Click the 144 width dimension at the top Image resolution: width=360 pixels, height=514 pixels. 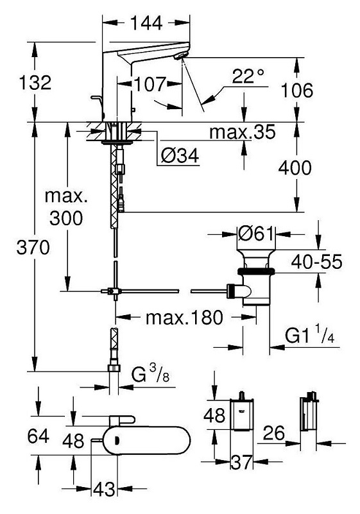coord(146,23)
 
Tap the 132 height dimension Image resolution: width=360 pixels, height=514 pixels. coord(35,82)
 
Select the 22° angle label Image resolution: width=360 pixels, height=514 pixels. coord(248,77)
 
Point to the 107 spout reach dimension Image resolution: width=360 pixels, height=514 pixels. coord(150,84)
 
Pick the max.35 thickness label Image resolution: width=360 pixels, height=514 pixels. coord(243,132)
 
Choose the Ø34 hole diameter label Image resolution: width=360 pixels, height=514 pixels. coord(180,155)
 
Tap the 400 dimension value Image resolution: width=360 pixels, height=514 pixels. coord(295,167)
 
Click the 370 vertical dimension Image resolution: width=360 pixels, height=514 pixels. coord(33,247)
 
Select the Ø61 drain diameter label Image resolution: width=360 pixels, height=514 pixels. coord(256,234)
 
